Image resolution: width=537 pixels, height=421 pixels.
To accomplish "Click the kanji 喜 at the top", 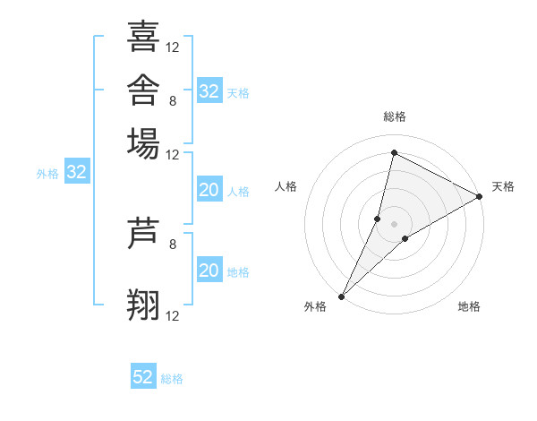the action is click(143, 37).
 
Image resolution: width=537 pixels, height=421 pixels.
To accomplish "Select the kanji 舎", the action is click(143, 90).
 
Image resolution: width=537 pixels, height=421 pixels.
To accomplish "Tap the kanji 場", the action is click(143, 143).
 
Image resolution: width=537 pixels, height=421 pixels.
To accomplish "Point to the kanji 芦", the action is click(143, 233).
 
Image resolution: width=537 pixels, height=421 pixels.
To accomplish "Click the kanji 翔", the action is click(143, 305).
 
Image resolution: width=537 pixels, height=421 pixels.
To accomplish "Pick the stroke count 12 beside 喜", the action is click(172, 47).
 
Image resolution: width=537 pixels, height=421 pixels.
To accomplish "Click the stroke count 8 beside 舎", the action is click(173, 101).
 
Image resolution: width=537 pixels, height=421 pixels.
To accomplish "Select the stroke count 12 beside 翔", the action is click(172, 315).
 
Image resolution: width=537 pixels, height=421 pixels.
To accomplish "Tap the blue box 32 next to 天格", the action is click(209, 90).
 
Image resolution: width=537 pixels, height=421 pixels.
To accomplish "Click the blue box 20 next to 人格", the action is click(209, 189).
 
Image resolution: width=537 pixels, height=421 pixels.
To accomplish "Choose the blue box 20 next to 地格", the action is click(209, 269).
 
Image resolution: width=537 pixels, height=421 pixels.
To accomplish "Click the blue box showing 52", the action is click(143, 375).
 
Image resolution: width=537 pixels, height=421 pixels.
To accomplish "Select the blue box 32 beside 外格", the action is click(77, 171).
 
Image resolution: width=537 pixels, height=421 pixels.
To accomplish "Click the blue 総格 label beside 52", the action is click(172, 379).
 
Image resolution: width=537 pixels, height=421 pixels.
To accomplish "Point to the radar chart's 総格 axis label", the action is click(395, 116).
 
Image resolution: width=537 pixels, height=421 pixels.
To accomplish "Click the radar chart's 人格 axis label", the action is click(286, 186).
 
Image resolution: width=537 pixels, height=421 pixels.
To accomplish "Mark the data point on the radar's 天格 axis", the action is click(480, 196).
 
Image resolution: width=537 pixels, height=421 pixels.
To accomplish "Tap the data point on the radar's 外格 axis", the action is click(342, 296).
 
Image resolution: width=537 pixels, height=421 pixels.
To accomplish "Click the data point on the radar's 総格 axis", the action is click(394, 152).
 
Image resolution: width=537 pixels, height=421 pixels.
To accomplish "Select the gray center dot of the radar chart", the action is click(394, 224).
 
